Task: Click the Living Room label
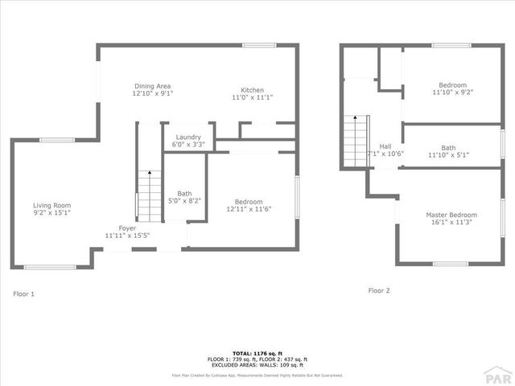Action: pos(52,205)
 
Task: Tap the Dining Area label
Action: pos(152,86)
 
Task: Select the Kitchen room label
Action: pos(253,90)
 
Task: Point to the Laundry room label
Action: pos(188,137)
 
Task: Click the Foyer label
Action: pos(127,228)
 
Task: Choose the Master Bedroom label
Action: pos(451,215)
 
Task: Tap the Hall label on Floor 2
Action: pos(385,146)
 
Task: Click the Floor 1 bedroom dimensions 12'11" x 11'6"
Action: pos(249,209)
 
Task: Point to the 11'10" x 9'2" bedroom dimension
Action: pos(452,92)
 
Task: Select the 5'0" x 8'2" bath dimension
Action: pos(184,201)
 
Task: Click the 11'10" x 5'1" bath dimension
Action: pos(448,154)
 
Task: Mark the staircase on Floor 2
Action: pos(355,142)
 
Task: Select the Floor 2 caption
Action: pos(379,290)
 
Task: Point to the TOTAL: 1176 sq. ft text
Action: pos(257,353)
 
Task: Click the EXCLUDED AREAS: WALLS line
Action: pos(257,365)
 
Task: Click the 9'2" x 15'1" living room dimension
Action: pos(52,213)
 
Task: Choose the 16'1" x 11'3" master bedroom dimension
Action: pos(451,223)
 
